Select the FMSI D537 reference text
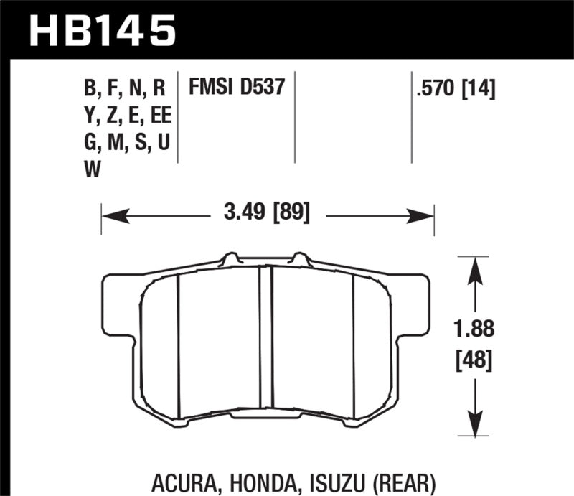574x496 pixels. (x=237, y=88)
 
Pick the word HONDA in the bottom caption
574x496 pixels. (x=270, y=480)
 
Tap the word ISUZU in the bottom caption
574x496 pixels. (x=340, y=480)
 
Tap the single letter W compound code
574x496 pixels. (x=93, y=169)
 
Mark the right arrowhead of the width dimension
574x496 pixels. (x=428, y=214)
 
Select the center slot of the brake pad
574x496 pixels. (x=266, y=337)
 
